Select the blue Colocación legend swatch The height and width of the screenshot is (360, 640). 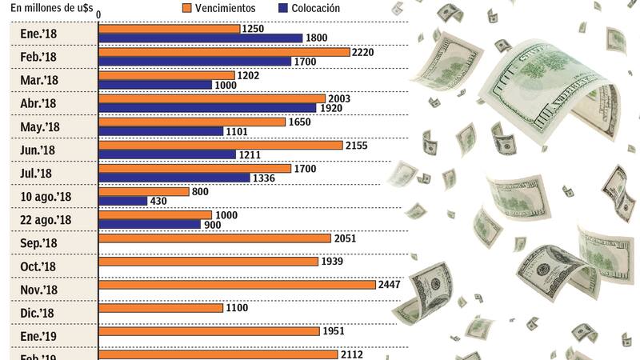click(283, 8)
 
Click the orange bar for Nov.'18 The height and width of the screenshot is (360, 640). click(237, 285)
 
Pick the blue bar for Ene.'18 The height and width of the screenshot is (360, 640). click(200, 38)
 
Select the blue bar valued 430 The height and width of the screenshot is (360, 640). click(122, 201)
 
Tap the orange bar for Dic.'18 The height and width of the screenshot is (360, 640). click(160, 308)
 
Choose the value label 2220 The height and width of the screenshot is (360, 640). click(362, 52)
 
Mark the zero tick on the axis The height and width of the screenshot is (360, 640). click(98, 14)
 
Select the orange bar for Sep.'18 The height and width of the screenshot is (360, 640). click(214, 238)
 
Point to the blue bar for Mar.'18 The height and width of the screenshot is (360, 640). click(154, 85)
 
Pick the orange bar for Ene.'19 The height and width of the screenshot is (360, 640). click(209, 331)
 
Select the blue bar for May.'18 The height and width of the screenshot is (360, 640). click(160, 131)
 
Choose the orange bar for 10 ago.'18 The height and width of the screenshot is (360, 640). click(143, 192)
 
